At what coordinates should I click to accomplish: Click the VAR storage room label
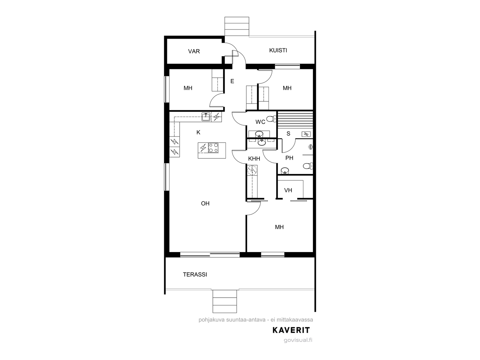point(194,51)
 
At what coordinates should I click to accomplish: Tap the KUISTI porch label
point(278,50)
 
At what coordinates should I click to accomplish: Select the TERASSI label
point(195,274)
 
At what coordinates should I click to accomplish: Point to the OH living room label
point(205,203)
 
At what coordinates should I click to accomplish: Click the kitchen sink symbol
point(206,117)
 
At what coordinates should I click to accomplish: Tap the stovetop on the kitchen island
point(213,148)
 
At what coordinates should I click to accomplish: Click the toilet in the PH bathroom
point(308,166)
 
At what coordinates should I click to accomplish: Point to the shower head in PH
point(310,147)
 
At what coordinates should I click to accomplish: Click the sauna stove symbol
point(306,134)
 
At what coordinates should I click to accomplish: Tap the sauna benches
point(295,120)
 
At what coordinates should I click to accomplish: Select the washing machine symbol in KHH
point(252,170)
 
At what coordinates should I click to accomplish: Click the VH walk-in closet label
point(288,190)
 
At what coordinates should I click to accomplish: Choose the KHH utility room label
point(254,159)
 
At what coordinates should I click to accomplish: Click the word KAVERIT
point(291,330)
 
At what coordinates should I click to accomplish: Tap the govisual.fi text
point(298,340)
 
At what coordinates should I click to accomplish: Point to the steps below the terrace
point(225,301)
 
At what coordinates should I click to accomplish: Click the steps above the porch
point(237,26)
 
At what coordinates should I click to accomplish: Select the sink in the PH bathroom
point(285,170)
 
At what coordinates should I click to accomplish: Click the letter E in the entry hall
point(232,81)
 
